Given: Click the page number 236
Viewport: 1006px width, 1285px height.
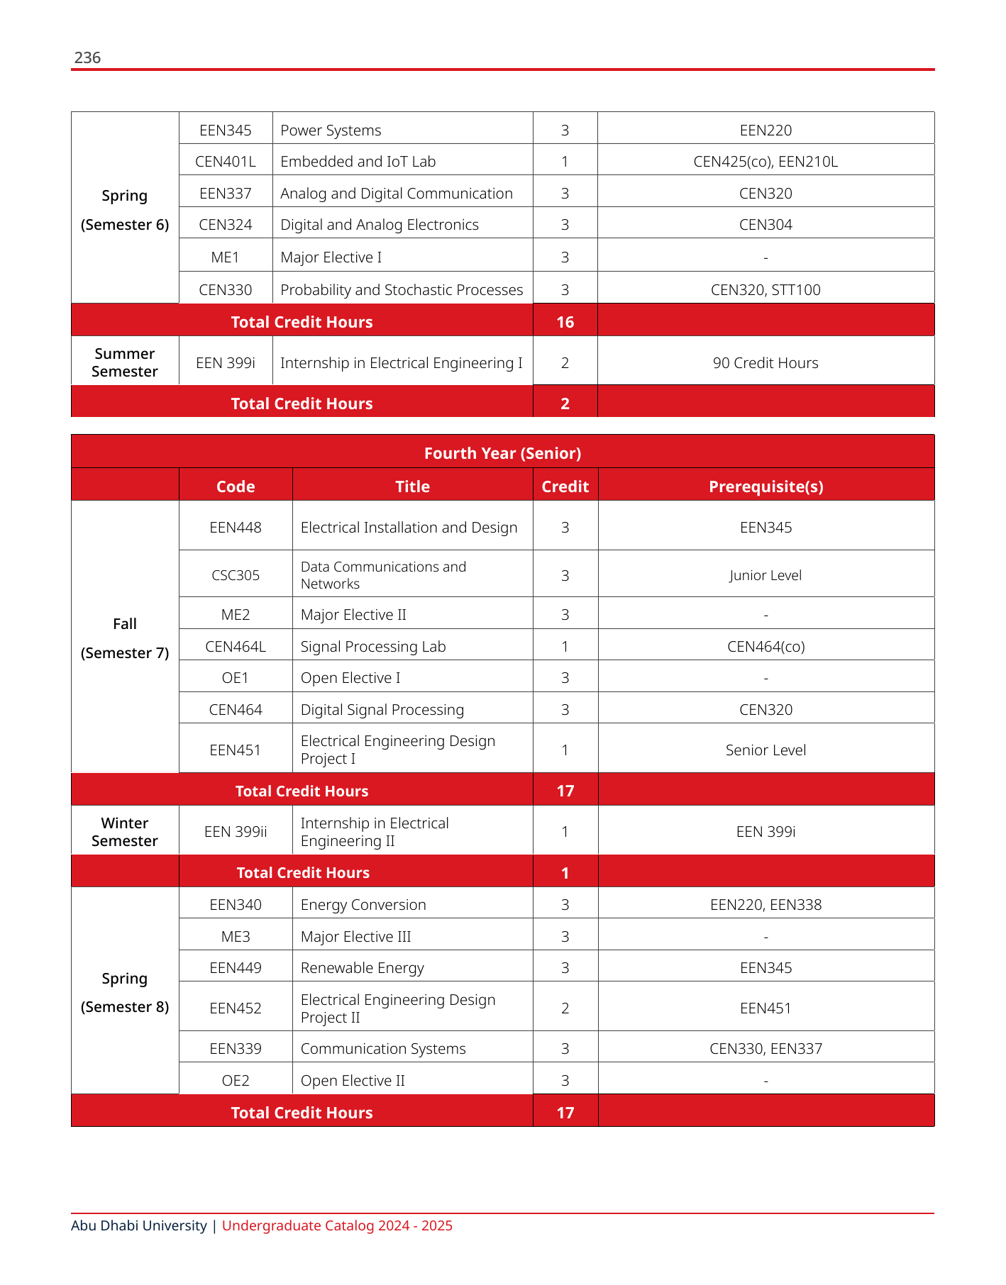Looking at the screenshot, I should click(87, 57).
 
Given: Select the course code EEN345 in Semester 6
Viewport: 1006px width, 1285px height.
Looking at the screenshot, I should click(226, 130).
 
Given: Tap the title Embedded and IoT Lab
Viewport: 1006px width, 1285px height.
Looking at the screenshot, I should click(358, 162).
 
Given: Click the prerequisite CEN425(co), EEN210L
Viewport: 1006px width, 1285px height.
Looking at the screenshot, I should click(765, 162).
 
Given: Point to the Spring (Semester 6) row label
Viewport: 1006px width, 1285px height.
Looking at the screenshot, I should click(125, 210).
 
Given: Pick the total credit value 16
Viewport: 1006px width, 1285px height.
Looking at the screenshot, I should click(565, 322).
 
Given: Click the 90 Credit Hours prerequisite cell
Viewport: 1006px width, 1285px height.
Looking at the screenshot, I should click(765, 363).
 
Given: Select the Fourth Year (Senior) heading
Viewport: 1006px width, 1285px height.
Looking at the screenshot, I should click(502, 453).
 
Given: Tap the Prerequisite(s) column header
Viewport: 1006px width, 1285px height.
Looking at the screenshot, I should click(765, 486).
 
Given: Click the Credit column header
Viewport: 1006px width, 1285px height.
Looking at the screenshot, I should click(565, 486).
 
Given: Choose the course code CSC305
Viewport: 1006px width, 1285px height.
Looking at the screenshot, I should click(236, 575).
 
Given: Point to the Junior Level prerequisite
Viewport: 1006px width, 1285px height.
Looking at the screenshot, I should click(765, 575).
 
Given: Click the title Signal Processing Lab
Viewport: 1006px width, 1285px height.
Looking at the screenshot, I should click(373, 647).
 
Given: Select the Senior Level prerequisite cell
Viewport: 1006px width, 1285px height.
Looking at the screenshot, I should click(765, 750).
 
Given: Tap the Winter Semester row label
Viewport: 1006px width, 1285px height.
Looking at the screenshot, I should click(125, 832).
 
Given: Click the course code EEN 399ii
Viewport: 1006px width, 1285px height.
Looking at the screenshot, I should click(236, 832).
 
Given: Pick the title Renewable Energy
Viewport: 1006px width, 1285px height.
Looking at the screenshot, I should click(362, 968).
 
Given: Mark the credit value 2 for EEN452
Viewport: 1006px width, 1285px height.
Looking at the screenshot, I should click(565, 1008).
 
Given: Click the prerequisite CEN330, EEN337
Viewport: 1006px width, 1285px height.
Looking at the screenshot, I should click(765, 1049).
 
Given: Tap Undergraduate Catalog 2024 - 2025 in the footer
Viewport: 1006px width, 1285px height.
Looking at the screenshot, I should click(337, 1225).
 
